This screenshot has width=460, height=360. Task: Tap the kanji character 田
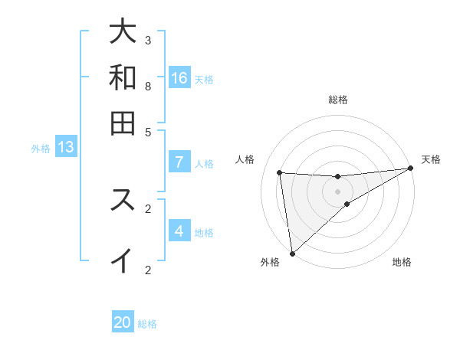tap(123, 122)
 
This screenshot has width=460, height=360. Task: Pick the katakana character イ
tap(123, 260)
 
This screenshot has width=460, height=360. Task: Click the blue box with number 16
tap(179, 77)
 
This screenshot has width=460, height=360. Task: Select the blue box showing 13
tap(65, 147)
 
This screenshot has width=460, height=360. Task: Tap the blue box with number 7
tap(179, 162)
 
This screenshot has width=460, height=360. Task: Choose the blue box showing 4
tap(179, 231)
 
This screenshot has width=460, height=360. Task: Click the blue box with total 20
tap(123, 322)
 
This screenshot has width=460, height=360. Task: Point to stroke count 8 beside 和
tap(148, 86)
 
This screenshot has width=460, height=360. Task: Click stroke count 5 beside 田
tap(148, 131)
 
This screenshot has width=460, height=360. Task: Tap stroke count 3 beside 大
tap(148, 40)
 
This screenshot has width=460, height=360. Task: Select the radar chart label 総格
tap(337, 100)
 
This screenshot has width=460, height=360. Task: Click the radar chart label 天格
tap(431, 159)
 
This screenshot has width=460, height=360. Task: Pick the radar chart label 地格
tap(402, 262)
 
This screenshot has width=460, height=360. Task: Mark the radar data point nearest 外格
tap(292, 254)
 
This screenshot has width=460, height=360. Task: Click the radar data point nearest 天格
tap(410, 169)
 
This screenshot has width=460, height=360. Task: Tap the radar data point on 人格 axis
tap(280, 172)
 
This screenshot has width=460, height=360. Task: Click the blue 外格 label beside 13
tap(41, 149)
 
